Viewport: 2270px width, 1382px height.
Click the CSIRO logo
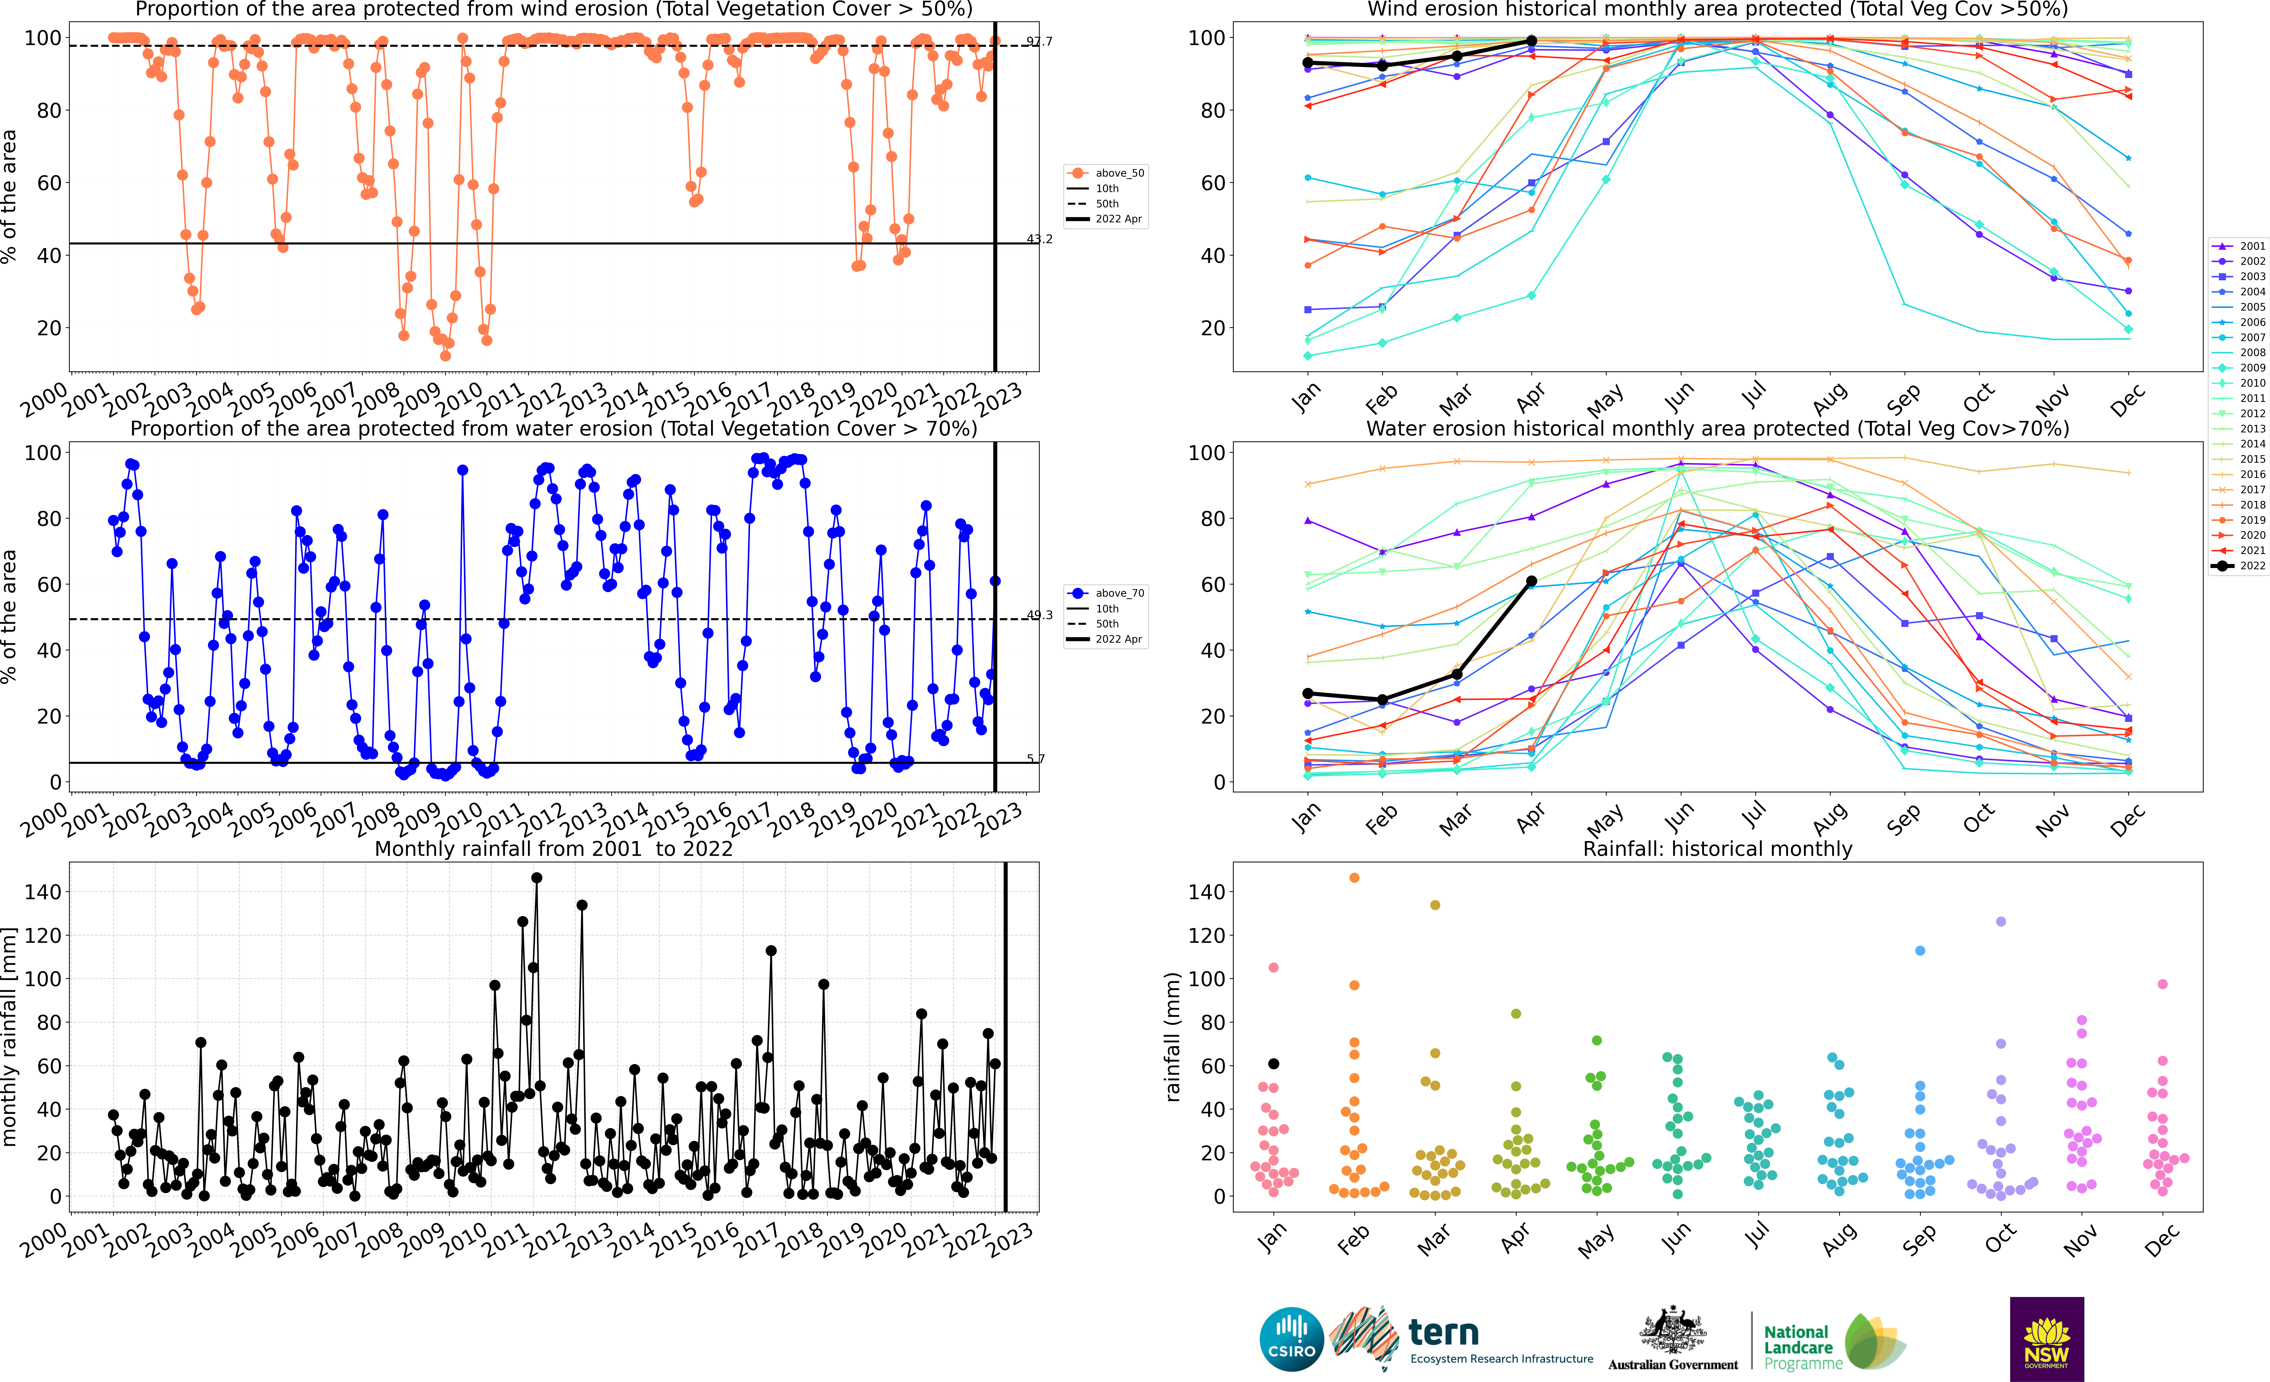pos(1291,1339)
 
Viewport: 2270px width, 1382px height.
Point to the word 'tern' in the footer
pos(1444,1332)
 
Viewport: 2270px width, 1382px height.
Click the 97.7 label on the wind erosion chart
pos(1039,41)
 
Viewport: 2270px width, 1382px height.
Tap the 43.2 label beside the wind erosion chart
pos(1039,239)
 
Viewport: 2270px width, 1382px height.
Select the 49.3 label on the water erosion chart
pos(1039,615)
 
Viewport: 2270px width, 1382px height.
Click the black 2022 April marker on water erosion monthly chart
pos(1531,581)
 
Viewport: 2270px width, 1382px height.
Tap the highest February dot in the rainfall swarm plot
pos(1354,878)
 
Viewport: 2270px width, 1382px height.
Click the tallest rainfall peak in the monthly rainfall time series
pos(536,878)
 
